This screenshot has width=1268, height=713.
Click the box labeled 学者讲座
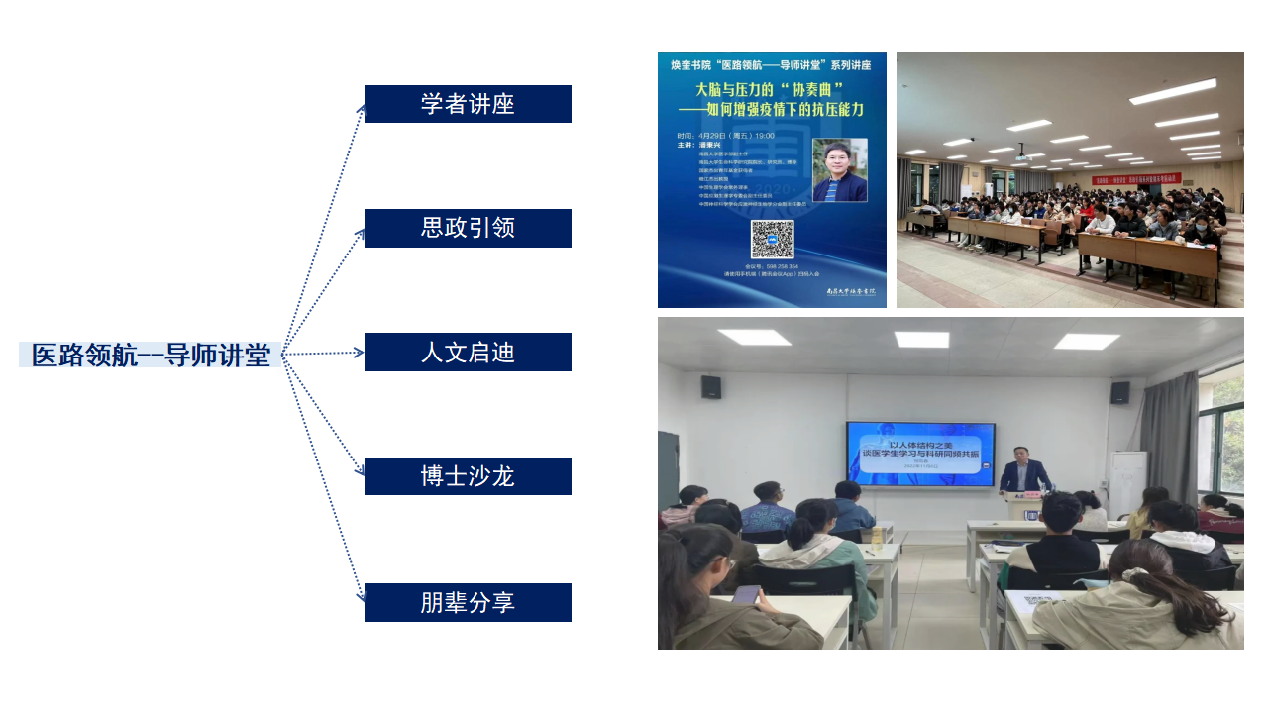pos(468,104)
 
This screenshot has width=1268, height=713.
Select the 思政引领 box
pos(468,228)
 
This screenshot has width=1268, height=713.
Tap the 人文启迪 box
pos(468,353)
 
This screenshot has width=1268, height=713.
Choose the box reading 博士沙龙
pos(468,476)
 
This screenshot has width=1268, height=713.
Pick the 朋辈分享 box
pos(468,602)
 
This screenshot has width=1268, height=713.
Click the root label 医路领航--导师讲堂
pos(151,355)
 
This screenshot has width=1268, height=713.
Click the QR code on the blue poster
pos(772,240)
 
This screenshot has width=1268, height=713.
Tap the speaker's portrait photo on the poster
pos(839,170)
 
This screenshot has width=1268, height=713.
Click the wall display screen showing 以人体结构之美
pos(920,455)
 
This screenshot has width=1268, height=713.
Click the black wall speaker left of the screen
pos(710,386)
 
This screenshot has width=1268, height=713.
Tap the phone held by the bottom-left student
pos(746,595)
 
